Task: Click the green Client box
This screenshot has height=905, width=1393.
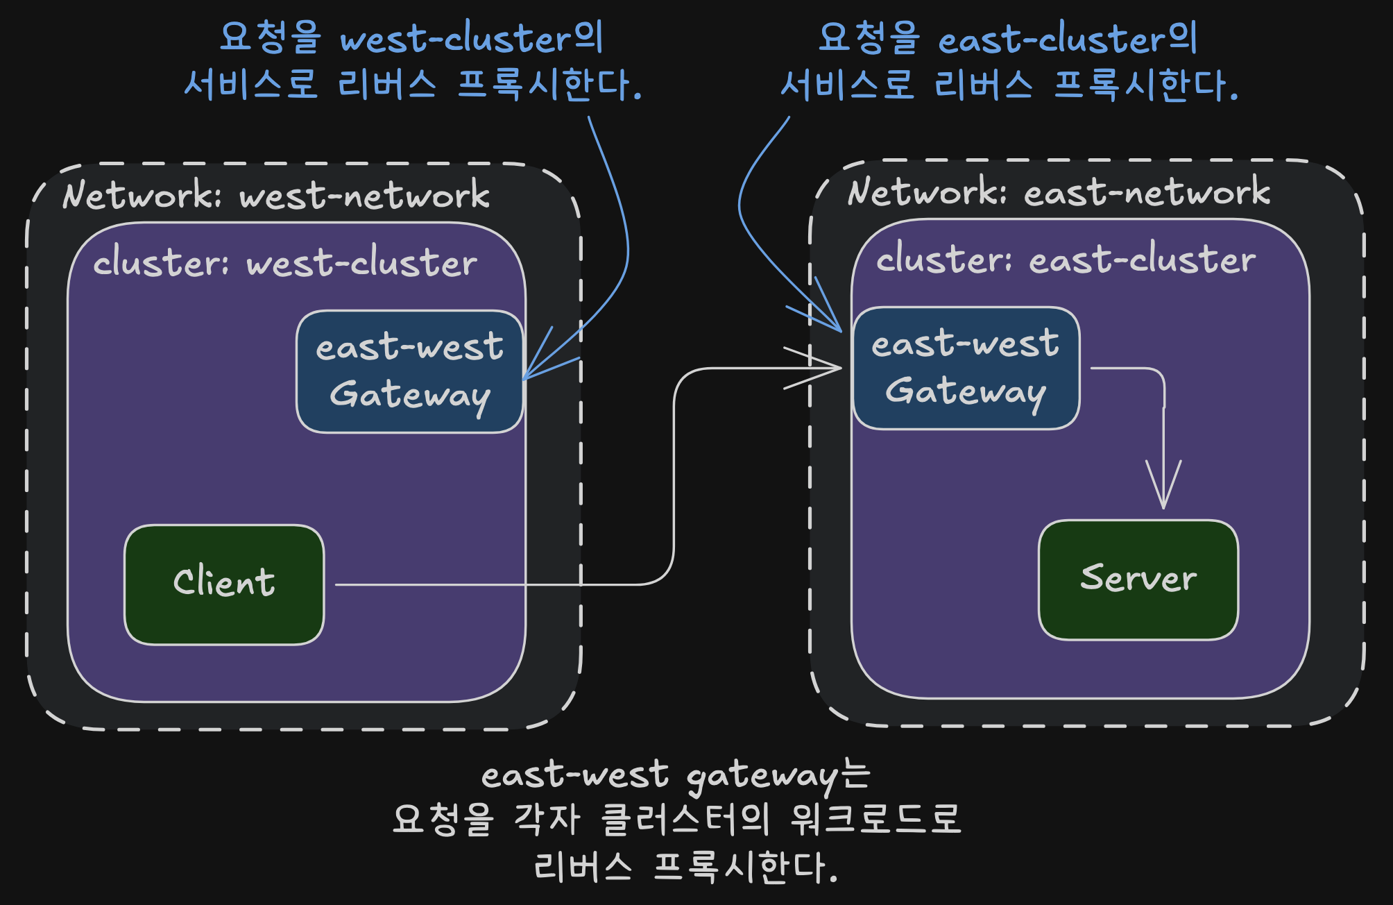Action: click(x=224, y=584)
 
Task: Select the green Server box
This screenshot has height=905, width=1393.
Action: click(x=1138, y=580)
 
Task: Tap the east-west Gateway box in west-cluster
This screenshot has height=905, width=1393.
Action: click(x=410, y=371)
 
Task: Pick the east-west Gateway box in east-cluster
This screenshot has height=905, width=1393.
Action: click(x=966, y=368)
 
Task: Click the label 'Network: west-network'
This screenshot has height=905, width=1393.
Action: click(x=276, y=194)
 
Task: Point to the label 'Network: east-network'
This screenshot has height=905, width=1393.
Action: click(x=1059, y=191)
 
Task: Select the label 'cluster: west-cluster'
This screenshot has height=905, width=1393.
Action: click(x=285, y=262)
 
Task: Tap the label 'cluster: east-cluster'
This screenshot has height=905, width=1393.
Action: click(x=1066, y=259)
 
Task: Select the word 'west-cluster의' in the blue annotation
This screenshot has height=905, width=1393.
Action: click(x=472, y=38)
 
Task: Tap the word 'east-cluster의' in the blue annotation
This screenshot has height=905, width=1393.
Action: click(x=1068, y=38)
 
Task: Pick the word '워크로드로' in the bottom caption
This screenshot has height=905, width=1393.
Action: click(x=877, y=819)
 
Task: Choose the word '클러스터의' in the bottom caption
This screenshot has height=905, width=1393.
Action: click(x=685, y=819)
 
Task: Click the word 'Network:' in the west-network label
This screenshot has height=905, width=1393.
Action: click(x=142, y=194)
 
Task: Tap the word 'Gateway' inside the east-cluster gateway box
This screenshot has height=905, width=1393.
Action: click(x=966, y=393)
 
